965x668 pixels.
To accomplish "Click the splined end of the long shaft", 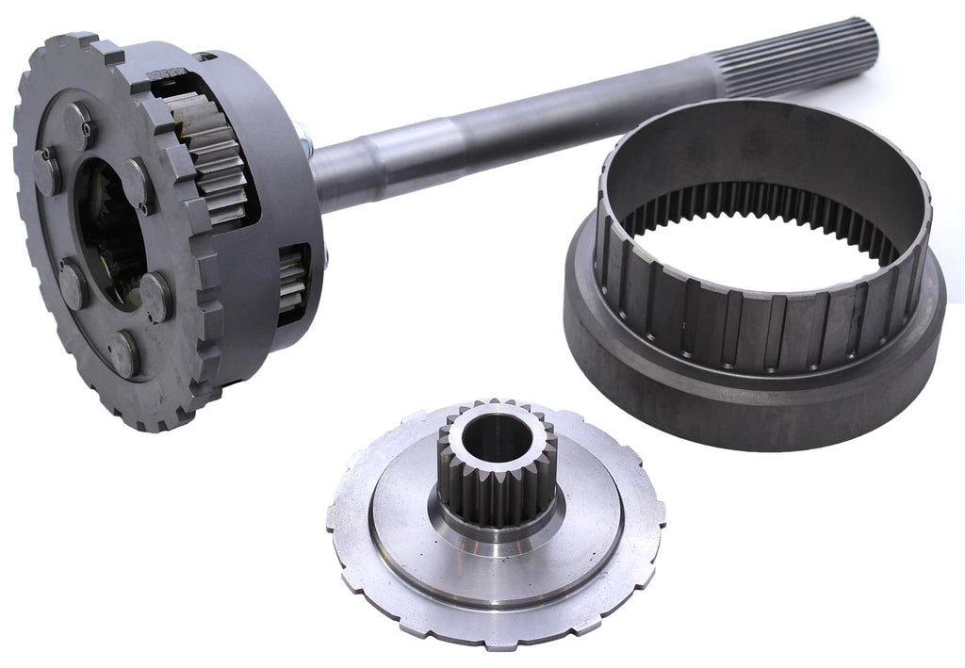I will pyautogui.click(x=801, y=58).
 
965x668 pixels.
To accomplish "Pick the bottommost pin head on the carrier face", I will pyautogui.click(x=123, y=353).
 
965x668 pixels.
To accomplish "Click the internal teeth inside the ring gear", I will pyautogui.click(x=754, y=203).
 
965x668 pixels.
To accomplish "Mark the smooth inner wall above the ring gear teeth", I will pyautogui.click(x=754, y=151).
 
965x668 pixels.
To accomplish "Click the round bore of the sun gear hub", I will pyautogui.click(x=498, y=439).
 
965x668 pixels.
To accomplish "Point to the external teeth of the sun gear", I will pyautogui.click(x=496, y=495).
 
